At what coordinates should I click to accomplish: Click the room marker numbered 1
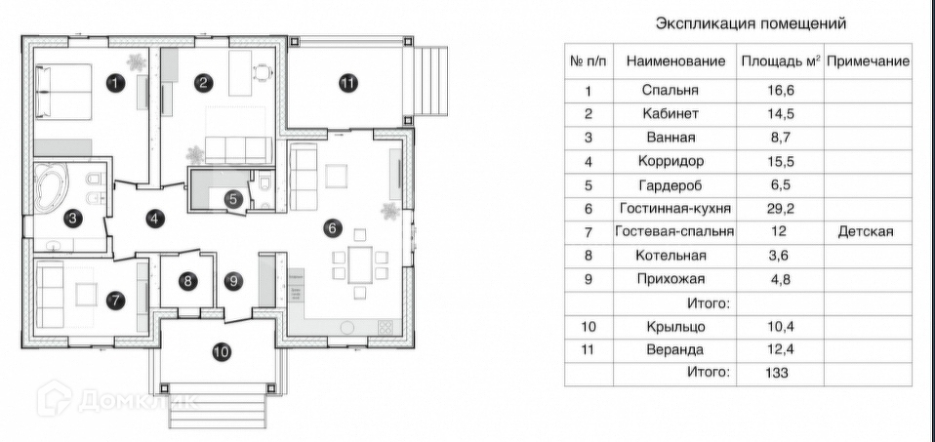(116, 83)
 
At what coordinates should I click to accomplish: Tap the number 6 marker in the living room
(332, 228)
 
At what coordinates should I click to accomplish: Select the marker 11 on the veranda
(347, 83)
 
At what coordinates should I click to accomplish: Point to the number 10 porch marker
(222, 352)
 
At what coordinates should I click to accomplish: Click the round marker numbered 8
(187, 280)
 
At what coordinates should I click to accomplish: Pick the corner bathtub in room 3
(52, 187)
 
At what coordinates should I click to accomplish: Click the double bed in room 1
(63, 92)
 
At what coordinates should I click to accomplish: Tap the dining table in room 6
(360, 264)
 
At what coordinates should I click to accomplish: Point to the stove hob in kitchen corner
(386, 327)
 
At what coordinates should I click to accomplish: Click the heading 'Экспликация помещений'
(751, 23)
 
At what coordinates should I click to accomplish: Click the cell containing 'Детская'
(866, 232)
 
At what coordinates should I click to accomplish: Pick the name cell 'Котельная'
(671, 256)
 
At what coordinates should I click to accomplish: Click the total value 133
(776, 373)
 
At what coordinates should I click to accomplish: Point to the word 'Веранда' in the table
(675, 349)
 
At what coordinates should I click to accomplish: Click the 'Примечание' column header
(869, 60)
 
